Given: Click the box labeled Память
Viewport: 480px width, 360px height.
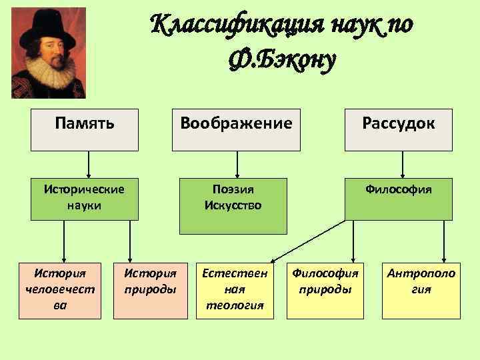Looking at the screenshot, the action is [x=85, y=129].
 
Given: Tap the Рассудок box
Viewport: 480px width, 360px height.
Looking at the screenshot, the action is [x=398, y=129].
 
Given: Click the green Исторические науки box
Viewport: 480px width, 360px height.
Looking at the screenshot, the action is [x=85, y=198].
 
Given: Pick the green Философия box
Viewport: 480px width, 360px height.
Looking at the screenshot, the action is [x=398, y=198].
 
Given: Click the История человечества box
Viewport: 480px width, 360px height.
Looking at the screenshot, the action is [x=59, y=288].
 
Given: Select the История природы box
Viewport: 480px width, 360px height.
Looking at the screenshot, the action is [x=151, y=288].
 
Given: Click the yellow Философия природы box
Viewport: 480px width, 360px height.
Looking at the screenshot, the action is [x=325, y=288].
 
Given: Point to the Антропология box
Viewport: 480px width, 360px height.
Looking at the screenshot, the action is [x=421, y=288].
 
